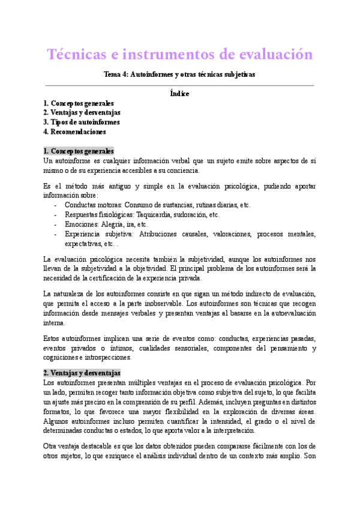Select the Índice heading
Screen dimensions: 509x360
tap(179, 94)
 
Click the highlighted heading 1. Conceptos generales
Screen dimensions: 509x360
tap(79, 151)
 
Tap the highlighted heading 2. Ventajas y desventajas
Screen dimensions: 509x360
tap(82, 372)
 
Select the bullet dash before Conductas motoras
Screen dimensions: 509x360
tap(56, 205)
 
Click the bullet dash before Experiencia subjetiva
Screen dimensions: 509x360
tap(56, 234)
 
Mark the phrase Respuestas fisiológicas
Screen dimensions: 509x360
tap(101, 214)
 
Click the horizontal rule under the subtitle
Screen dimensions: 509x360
tap(179, 85)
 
